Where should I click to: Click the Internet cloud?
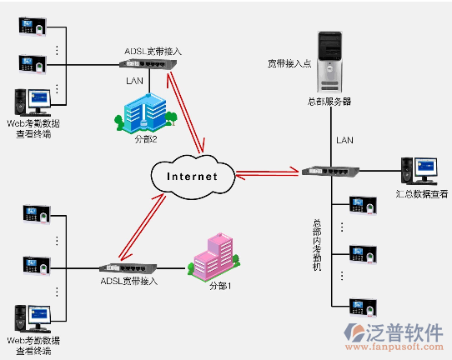click(193, 177)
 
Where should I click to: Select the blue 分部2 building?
click(146, 113)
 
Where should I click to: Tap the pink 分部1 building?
click(213, 257)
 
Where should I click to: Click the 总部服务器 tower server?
click(329, 62)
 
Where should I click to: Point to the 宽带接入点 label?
click(289, 63)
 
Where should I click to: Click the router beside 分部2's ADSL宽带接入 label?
click(148, 64)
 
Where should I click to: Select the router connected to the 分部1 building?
click(128, 268)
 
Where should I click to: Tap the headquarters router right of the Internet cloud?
click(330, 172)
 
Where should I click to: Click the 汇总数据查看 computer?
click(419, 171)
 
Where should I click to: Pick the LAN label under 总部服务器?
click(344, 140)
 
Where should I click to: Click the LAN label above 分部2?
click(134, 81)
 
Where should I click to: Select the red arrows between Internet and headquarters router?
click(267, 173)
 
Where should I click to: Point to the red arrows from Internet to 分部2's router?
click(186, 112)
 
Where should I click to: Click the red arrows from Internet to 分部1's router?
click(142, 227)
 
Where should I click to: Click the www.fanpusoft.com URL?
click(394, 347)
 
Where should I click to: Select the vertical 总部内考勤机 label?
click(317, 245)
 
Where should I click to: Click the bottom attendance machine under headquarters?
click(364, 307)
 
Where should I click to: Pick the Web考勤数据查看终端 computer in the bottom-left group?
click(33, 319)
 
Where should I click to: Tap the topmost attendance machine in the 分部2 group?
click(33, 27)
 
